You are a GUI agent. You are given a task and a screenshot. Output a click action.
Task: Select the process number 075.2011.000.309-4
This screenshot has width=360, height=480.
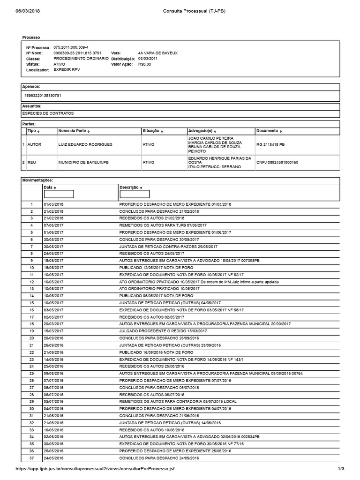coord(71,48)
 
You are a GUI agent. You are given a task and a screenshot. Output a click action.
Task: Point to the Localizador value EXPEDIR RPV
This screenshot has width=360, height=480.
coord(67,69)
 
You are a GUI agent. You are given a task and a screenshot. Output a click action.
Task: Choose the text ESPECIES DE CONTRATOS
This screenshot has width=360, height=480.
coord(48,113)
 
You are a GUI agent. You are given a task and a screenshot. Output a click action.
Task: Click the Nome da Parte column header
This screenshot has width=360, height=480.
coord(74,131)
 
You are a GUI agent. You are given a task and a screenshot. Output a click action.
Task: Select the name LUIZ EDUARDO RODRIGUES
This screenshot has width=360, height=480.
coord(85,144)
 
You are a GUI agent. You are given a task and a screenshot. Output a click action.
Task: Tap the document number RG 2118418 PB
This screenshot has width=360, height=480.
coord(270,144)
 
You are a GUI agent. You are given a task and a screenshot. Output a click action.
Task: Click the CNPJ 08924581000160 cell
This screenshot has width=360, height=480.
coord(277,162)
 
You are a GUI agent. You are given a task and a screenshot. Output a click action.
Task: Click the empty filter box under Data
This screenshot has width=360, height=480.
coord(59,194)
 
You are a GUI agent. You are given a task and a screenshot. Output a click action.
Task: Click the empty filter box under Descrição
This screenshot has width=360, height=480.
coord(135,194)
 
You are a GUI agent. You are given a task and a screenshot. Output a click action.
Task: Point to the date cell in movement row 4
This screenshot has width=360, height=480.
coord(53,225)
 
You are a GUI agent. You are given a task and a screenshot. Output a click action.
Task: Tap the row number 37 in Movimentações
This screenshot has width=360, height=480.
coord(32,458)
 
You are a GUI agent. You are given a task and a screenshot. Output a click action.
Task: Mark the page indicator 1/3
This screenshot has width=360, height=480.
coord(341,469)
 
